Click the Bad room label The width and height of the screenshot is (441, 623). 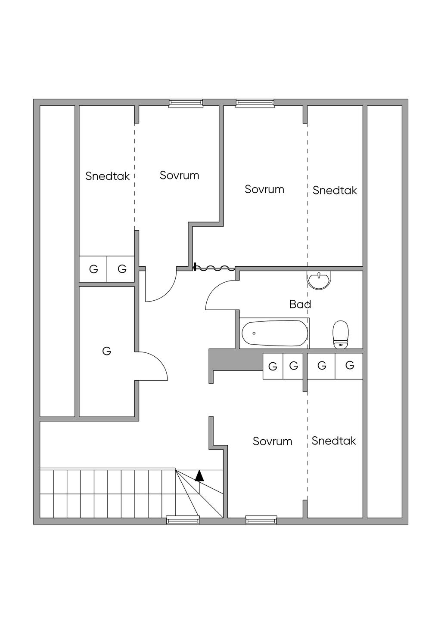pos(300,305)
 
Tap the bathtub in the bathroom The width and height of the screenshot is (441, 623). pos(274,333)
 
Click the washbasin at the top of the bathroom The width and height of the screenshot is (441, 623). pos(319,280)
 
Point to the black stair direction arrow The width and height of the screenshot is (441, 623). pos(199,475)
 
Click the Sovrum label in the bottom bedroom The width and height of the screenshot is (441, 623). pos(272,441)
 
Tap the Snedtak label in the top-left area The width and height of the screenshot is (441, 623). pos(107,176)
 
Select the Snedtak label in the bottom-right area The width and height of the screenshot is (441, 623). pos(334,441)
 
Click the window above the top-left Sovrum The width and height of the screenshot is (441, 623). pos(186,103)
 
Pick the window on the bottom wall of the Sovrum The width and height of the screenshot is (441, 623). pos(261,520)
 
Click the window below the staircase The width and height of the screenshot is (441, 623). pos(183,520)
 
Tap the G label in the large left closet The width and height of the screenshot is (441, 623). pos(106,351)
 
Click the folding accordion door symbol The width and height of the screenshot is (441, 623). pos(214,268)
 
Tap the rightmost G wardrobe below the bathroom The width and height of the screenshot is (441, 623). pos(349,366)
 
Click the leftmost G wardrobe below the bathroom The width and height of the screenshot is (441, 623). pos(273,367)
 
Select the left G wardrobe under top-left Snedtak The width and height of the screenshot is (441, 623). pos(93,269)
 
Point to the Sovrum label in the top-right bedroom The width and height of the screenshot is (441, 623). pos(264,189)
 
